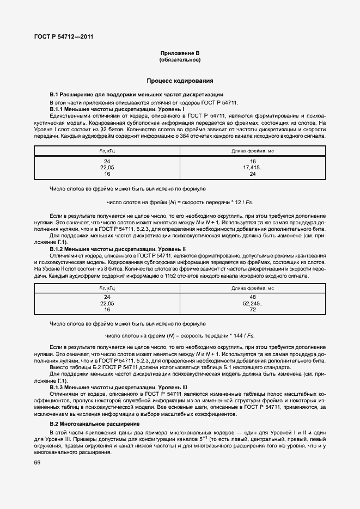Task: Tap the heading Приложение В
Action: tap(180, 53)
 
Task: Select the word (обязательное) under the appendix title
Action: tap(180, 59)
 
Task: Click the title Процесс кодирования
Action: tap(180, 81)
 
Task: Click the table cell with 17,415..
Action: tap(253, 168)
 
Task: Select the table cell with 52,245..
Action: tap(253, 303)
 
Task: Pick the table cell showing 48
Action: tap(253, 297)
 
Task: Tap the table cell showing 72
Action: tap(253, 309)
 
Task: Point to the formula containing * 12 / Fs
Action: tap(180, 202)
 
